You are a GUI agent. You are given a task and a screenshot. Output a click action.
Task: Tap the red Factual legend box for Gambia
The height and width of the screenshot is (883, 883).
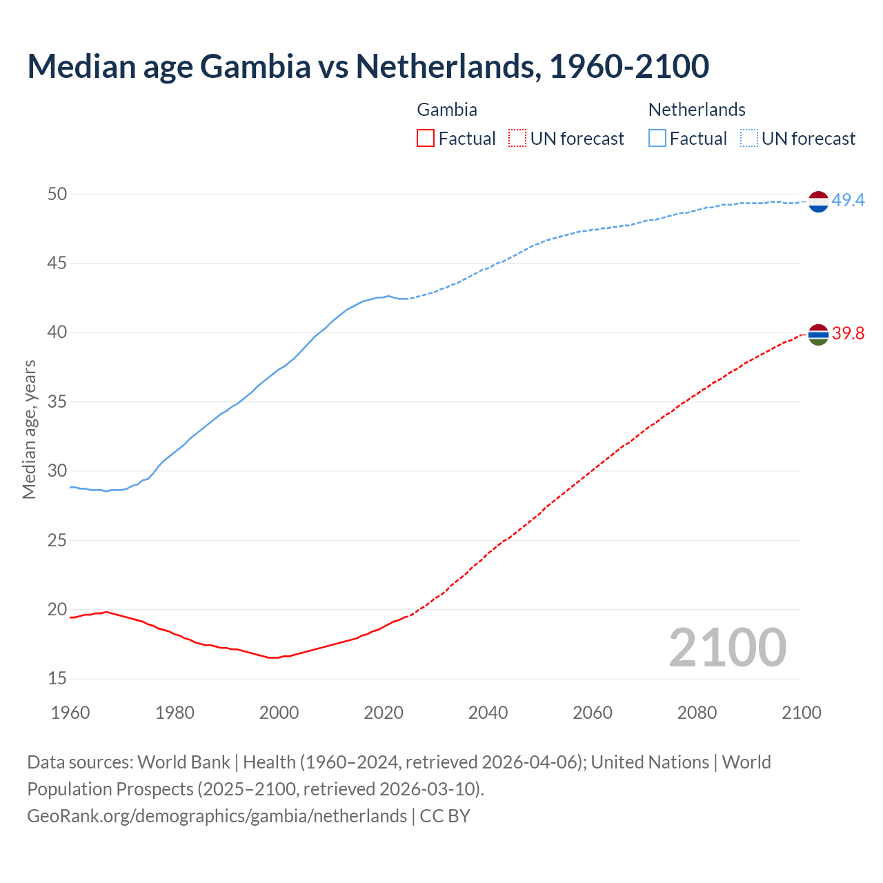(426, 138)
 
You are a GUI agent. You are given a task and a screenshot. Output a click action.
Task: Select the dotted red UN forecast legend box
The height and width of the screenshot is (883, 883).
(517, 138)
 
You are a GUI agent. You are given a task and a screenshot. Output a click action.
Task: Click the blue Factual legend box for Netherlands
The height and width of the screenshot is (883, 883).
(657, 138)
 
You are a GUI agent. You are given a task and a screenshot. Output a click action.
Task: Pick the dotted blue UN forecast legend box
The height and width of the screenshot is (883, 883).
(748, 138)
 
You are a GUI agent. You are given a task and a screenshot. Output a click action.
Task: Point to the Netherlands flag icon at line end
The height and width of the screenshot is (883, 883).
(818, 201)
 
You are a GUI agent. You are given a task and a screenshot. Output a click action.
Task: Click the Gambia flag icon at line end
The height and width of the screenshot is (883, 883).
(818, 334)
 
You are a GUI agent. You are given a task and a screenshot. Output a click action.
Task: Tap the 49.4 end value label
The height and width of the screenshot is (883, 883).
(848, 200)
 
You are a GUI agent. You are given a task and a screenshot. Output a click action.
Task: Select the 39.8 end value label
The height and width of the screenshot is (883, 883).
(848, 334)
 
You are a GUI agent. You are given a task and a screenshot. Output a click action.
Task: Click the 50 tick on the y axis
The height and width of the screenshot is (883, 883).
(57, 194)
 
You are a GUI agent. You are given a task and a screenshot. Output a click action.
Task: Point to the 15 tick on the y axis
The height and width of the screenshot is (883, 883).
(57, 679)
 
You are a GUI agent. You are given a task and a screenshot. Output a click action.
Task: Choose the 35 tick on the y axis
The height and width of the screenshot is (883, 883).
(57, 401)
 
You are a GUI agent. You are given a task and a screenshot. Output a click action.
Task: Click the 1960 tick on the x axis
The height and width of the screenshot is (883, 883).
(70, 713)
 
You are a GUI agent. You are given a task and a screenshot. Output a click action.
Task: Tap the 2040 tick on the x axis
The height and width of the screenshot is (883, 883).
(488, 713)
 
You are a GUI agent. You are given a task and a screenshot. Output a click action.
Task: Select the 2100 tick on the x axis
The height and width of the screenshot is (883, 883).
(801, 713)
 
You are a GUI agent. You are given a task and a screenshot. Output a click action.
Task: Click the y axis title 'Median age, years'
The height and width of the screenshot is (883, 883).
(29, 429)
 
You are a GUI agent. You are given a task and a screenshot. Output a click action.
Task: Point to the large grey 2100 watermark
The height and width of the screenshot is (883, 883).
(727, 648)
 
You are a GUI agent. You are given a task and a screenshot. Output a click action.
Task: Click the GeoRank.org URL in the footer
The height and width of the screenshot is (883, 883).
(217, 816)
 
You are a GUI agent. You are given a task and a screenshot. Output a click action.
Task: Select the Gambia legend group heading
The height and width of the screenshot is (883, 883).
(447, 110)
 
